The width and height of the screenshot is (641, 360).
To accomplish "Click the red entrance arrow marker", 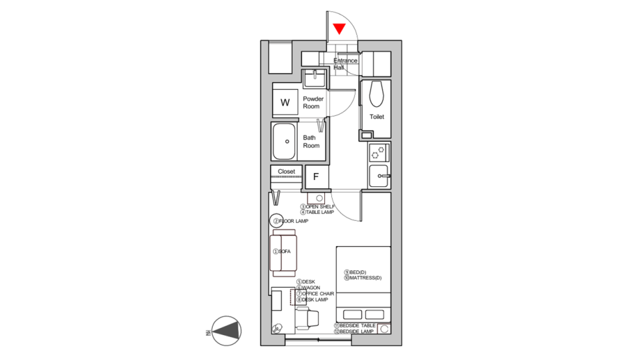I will [x=339, y=29].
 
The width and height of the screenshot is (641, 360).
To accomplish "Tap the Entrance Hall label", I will [x=345, y=63].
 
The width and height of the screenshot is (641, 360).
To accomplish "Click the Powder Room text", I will [x=313, y=102].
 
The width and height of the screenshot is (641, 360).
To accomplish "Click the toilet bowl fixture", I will [x=376, y=94].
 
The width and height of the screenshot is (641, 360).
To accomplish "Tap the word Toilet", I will [x=377, y=117].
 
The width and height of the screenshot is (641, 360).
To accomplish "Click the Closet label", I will [x=287, y=172].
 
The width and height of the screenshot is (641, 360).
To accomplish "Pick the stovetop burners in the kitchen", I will [x=378, y=152].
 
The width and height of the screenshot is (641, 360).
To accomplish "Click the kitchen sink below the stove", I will [x=379, y=175].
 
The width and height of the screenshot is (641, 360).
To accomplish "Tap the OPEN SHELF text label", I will [x=320, y=207].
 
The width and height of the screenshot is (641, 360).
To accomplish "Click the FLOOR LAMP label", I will [x=294, y=221].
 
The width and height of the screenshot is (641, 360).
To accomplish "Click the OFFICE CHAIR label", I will [x=318, y=294].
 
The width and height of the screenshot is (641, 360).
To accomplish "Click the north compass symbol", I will [x=227, y=331].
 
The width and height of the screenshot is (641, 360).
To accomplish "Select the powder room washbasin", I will [x=315, y=79].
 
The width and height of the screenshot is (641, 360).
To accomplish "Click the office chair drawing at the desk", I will [x=309, y=317].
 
